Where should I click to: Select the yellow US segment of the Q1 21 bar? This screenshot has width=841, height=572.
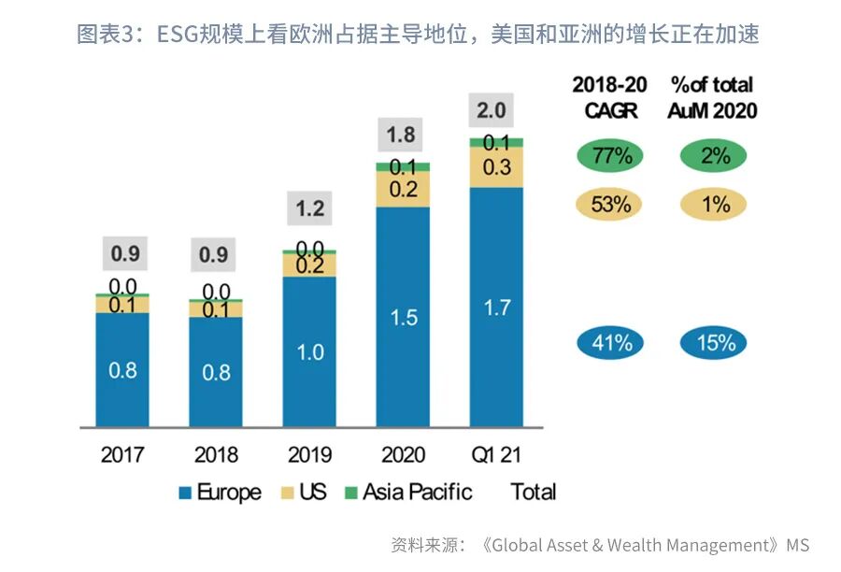[495, 168]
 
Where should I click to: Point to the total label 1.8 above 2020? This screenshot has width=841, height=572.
[401, 135]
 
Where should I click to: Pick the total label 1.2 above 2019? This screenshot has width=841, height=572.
[309, 207]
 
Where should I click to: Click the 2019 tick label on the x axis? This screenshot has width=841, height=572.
[309, 455]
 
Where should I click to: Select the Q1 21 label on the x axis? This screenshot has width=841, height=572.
[495, 455]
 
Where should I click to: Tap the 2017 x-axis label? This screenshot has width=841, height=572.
[122, 455]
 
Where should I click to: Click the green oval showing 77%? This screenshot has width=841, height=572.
[612, 155]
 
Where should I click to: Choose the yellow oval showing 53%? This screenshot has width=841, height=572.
[611, 203]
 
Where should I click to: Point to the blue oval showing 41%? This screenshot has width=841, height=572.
[611, 343]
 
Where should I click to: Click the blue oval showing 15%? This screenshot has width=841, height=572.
[715, 343]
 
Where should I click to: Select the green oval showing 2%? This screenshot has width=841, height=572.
[715, 155]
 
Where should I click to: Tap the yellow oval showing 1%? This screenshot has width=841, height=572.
[715, 203]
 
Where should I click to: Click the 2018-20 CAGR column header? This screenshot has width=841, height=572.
[611, 97]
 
